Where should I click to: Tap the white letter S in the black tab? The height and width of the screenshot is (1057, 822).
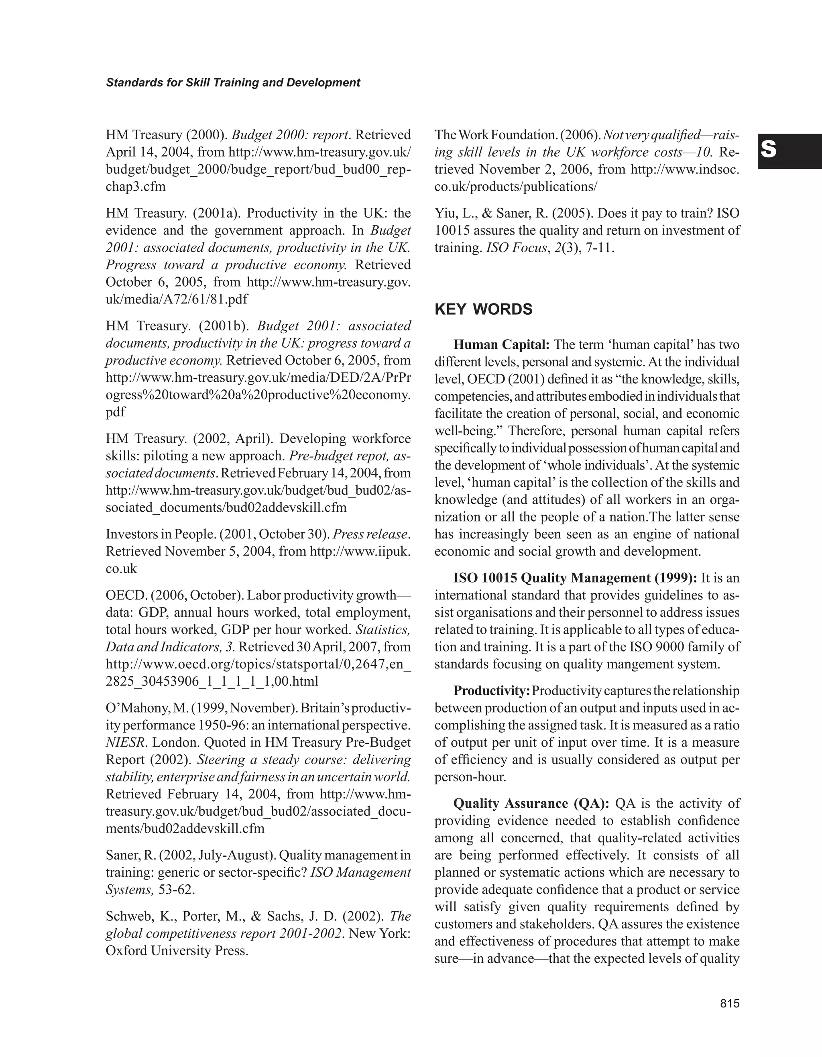tap(768, 151)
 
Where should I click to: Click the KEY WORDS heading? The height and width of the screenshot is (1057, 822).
tap(483, 309)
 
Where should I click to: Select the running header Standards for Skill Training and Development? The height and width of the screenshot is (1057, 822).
tap(233, 83)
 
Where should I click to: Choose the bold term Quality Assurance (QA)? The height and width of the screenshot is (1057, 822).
tap(531, 803)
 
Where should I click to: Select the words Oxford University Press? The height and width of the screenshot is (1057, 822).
tap(176, 951)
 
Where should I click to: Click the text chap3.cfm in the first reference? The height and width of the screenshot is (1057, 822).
tap(136, 186)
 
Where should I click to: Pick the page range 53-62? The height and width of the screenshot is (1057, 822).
tap(176, 890)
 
